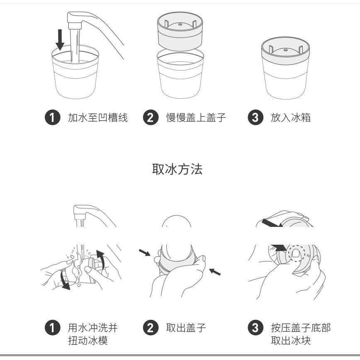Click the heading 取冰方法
click(x=177, y=170)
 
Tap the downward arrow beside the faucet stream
click(x=60, y=40)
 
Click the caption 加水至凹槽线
click(x=98, y=117)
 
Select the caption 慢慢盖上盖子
click(x=196, y=117)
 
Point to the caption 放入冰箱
click(x=291, y=117)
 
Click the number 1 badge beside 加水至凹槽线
click(x=53, y=117)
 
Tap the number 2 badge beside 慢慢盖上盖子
click(x=151, y=117)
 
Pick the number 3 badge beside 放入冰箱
click(x=255, y=117)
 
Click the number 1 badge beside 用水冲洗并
click(x=53, y=328)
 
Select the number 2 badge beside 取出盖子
click(x=151, y=328)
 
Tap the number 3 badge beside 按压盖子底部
click(x=255, y=328)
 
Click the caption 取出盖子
click(x=186, y=328)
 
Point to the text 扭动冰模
click(x=88, y=341)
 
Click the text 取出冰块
click(x=291, y=341)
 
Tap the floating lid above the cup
click(x=180, y=32)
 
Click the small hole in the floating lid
click(x=180, y=24)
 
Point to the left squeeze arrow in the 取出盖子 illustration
click(x=145, y=252)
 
